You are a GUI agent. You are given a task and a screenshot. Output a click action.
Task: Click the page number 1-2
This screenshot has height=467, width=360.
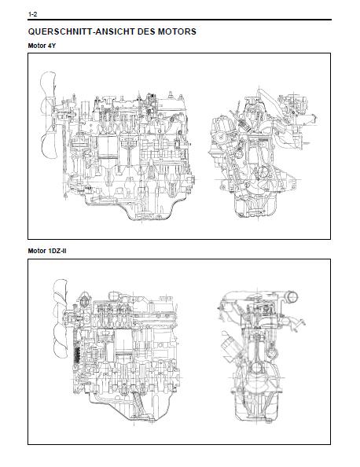click(32, 14)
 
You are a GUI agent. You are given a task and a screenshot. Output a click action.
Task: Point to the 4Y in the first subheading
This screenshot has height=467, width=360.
click(52, 46)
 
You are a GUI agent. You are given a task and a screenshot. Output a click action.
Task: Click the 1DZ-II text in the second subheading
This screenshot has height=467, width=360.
click(57, 251)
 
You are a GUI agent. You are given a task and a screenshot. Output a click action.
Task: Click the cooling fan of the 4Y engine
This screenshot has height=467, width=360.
click(47, 115)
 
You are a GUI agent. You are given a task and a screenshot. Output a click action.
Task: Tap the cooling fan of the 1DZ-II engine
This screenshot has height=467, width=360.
click(61, 318)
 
